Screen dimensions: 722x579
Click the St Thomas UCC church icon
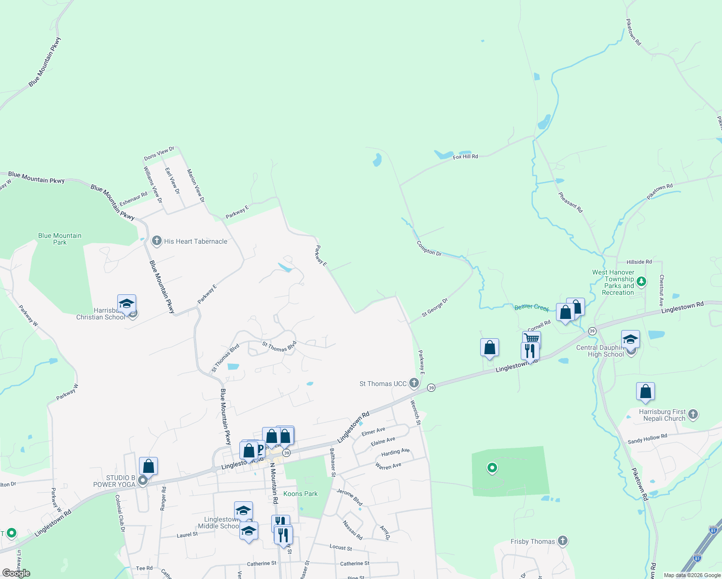414,383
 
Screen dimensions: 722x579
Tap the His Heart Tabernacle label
195,241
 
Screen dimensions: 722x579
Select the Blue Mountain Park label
60,239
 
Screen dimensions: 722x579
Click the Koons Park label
300,494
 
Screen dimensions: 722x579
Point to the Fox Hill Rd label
465,157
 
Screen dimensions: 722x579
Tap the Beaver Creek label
531,307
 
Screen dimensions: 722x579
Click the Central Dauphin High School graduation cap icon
630,340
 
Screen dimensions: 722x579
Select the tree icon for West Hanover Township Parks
641,281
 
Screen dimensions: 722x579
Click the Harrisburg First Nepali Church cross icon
693,414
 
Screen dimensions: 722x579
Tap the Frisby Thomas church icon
562,541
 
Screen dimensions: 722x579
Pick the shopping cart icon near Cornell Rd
531,338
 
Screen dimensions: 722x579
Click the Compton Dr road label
429,248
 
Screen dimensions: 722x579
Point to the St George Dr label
434,307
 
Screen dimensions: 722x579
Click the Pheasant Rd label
570,202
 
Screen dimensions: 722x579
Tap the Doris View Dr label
159,154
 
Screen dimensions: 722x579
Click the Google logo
16,573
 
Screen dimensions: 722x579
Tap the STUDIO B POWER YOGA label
114,481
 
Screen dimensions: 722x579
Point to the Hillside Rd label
639,262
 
